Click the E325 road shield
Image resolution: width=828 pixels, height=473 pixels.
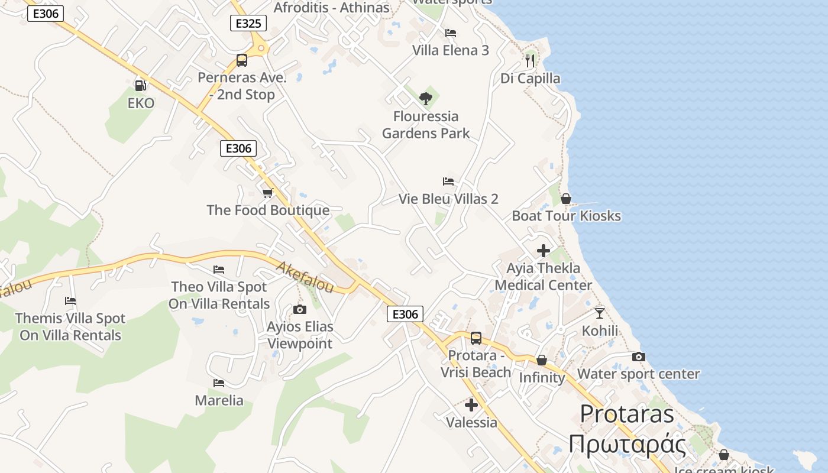click(248, 23)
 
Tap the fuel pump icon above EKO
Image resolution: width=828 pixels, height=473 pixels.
click(140, 86)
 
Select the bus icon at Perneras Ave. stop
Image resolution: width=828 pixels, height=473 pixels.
click(242, 60)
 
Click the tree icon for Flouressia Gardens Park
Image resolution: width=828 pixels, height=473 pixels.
click(425, 98)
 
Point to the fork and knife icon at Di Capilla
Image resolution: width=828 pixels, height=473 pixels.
click(530, 60)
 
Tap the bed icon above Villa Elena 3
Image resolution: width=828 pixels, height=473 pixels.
click(451, 33)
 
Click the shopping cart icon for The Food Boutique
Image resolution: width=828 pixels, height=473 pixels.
click(268, 193)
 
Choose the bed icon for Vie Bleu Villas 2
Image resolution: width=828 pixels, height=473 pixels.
click(448, 182)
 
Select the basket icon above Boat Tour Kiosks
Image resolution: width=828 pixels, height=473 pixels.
click(566, 199)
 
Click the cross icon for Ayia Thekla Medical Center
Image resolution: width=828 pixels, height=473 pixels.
click(544, 251)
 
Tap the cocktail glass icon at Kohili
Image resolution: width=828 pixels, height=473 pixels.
click(600, 313)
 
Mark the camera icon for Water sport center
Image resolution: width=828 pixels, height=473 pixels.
click(639, 357)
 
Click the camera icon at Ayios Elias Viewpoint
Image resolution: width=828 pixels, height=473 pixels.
click(300, 309)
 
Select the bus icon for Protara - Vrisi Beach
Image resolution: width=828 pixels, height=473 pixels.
click(476, 338)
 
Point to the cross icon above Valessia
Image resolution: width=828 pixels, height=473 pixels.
click(471, 405)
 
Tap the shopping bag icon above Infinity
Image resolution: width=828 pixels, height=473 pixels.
click(542, 360)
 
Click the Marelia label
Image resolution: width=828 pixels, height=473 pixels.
click(219, 400)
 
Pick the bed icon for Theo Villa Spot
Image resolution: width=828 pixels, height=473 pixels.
click(219, 270)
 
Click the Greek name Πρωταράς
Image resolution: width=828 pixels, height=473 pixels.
click(628, 444)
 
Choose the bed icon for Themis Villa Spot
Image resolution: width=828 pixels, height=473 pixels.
click(70, 301)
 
